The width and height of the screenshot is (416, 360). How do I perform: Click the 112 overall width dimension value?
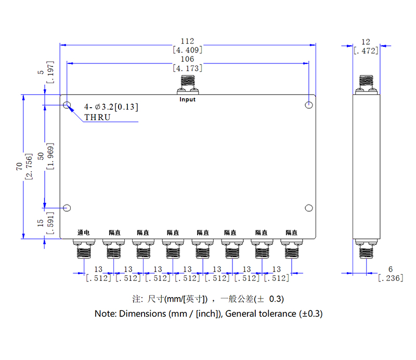[x=187, y=41]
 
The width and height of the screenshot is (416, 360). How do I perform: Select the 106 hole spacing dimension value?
[x=187, y=59]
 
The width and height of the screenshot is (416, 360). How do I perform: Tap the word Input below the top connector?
[x=187, y=99]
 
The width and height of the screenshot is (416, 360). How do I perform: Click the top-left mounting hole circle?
[x=67, y=106]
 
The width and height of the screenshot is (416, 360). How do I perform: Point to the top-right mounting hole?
[x=309, y=105]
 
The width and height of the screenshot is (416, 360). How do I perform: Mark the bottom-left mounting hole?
[x=67, y=208]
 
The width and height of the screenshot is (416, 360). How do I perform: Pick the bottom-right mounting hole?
[x=309, y=208]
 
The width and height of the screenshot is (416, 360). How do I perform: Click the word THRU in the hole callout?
[x=97, y=117]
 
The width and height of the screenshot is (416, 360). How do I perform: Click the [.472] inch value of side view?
[x=366, y=50]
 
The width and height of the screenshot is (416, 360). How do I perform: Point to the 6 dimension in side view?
[x=390, y=269]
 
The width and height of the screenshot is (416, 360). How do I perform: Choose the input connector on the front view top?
[x=187, y=83]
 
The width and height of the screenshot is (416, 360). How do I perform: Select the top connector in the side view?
[x=367, y=83]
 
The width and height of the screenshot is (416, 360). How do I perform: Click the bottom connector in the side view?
[x=367, y=251]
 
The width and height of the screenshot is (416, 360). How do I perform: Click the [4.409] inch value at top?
[x=187, y=50]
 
